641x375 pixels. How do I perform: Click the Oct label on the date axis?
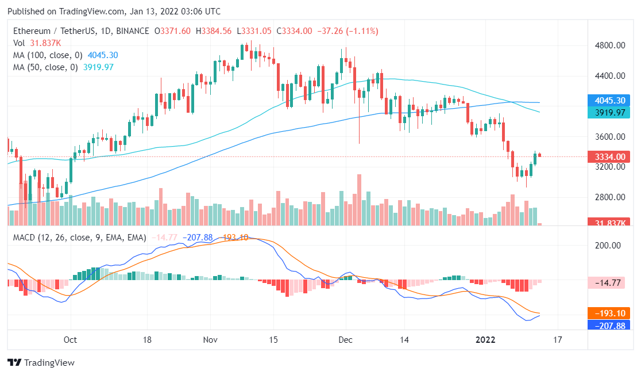pyautogui.click(x=71, y=339)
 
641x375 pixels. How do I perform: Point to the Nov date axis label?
pyautogui.click(x=210, y=339)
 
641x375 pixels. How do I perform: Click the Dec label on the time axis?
pyautogui.click(x=345, y=339)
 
